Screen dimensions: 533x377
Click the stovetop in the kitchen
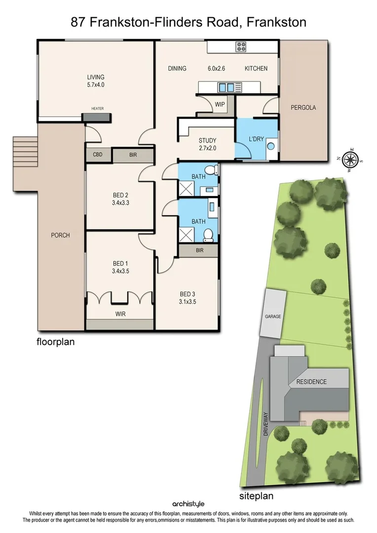[241, 47]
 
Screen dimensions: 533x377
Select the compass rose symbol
[351, 159]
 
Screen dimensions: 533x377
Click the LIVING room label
[96, 77]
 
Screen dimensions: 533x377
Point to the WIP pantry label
[220, 105]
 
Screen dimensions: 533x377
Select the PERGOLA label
[303, 108]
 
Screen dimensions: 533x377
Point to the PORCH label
[60, 235]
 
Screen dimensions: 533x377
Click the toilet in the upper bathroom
[212, 170]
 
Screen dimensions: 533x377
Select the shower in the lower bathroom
[186, 234]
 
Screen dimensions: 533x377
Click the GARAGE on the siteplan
[273, 316]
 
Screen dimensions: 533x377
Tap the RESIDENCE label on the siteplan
[311, 381]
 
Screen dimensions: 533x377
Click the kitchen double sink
[227, 88]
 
